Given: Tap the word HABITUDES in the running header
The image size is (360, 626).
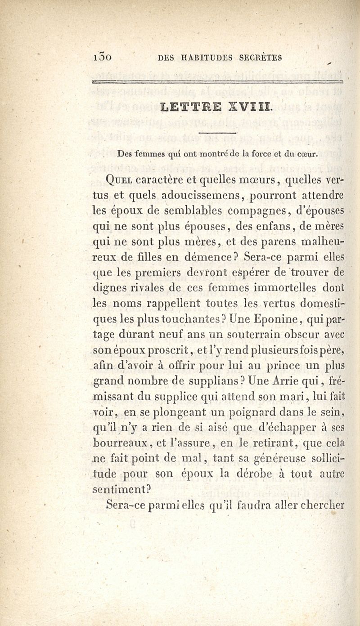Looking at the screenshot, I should point(202,57).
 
